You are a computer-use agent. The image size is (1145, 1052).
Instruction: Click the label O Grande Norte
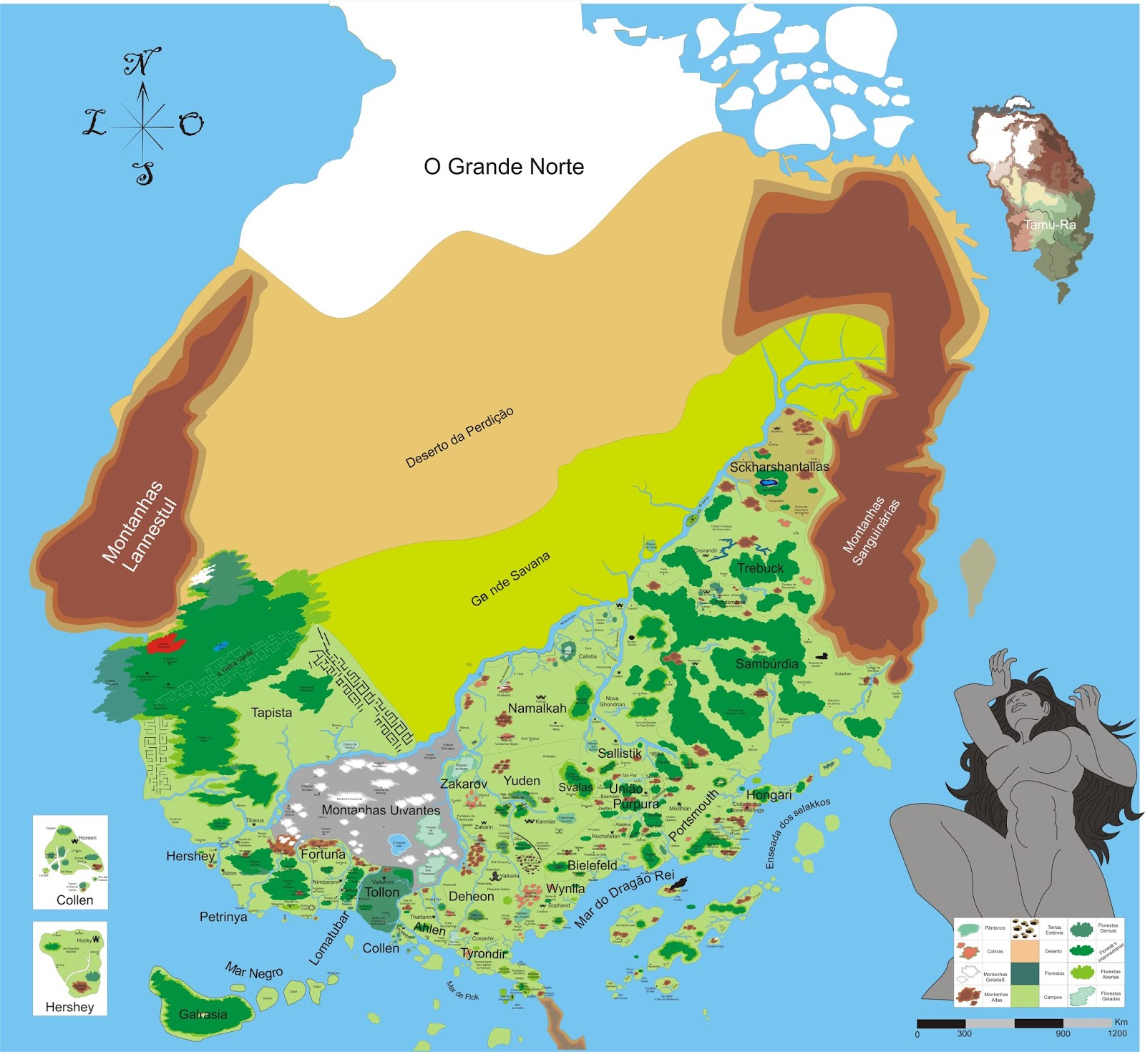click(x=504, y=167)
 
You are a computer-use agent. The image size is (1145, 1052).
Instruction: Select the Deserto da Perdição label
click(x=459, y=437)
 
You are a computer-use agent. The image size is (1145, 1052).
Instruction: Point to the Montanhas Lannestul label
click(x=140, y=526)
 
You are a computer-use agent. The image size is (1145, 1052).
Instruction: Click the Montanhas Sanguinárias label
click(x=871, y=530)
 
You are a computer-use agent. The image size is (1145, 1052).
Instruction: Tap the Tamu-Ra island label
click(x=1049, y=225)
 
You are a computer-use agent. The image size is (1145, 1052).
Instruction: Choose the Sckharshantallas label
click(x=779, y=467)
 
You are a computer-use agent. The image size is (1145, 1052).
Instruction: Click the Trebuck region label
click(x=760, y=568)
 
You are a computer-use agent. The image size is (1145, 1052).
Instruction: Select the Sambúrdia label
click(x=766, y=663)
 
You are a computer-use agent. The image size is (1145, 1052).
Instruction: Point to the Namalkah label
click(x=537, y=708)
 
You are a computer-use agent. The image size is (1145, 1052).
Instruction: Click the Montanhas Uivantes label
click(x=381, y=810)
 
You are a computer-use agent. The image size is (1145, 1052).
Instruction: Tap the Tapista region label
click(x=271, y=713)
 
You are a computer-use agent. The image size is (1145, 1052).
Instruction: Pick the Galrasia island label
click(x=203, y=1014)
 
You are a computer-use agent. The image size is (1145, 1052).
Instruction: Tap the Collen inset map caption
click(x=74, y=900)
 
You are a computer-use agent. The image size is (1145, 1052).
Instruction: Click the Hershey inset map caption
click(x=69, y=1007)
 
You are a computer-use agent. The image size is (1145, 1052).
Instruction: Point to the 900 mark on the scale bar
click(x=1063, y=1033)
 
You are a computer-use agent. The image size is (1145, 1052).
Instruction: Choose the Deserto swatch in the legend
click(x=1024, y=951)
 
